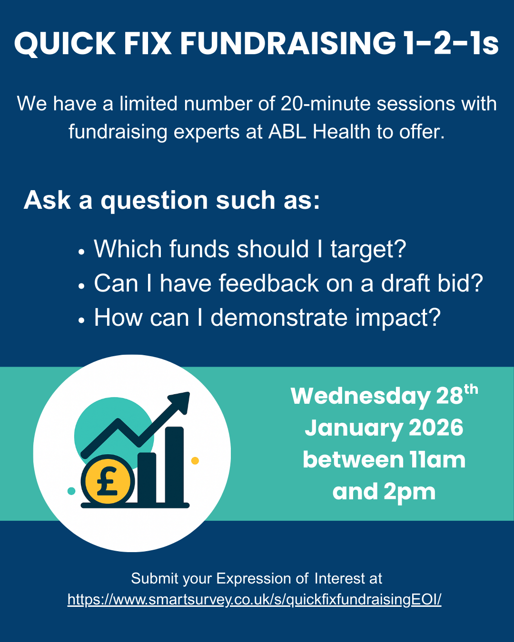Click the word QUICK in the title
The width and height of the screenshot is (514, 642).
pos(65,44)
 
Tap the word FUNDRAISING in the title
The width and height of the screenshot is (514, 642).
pos(287,44)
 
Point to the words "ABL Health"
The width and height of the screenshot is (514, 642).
pos(319,132)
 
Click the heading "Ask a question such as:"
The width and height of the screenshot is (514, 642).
pos(172,200)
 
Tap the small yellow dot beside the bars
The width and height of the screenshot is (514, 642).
pos(195,460)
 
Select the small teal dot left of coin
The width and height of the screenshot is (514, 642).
pos(71,491)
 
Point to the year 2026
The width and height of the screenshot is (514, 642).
pos(436,428)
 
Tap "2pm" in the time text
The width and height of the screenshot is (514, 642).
pos(409,492)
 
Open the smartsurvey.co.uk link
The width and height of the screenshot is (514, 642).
pos(255,599)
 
